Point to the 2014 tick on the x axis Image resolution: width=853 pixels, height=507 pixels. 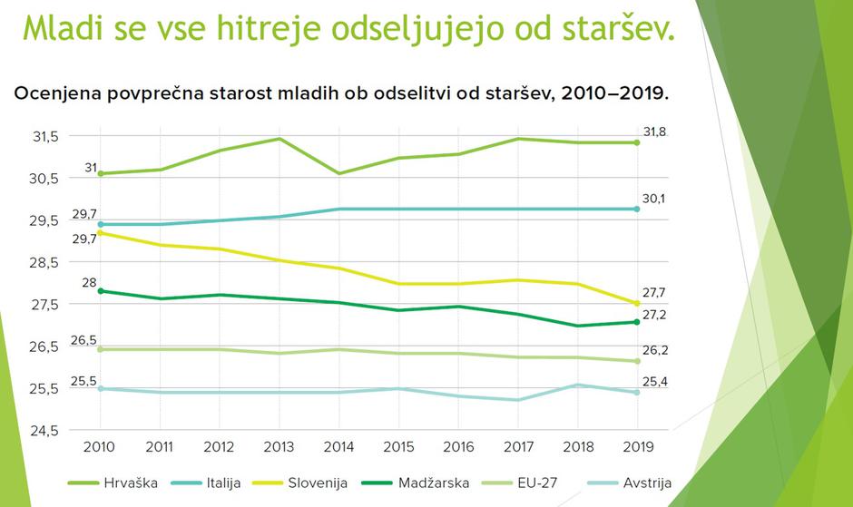(x=338, y=447)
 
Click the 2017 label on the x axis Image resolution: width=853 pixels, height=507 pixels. (x=517, y=447)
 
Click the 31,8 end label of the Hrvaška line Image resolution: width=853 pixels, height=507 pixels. (x=655, y=132)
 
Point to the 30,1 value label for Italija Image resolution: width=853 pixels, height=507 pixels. (x=655, y=198)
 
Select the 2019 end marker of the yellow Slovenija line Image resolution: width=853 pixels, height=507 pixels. (x=636, y=303)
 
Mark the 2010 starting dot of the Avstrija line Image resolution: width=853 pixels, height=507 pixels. (x=101, y=388)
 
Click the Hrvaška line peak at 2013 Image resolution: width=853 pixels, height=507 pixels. (x=279, y=139)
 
